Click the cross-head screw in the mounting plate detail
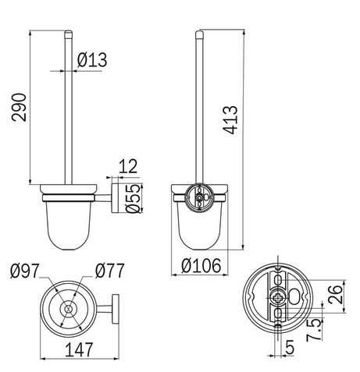coord(278,299)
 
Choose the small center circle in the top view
coord(68,309)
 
